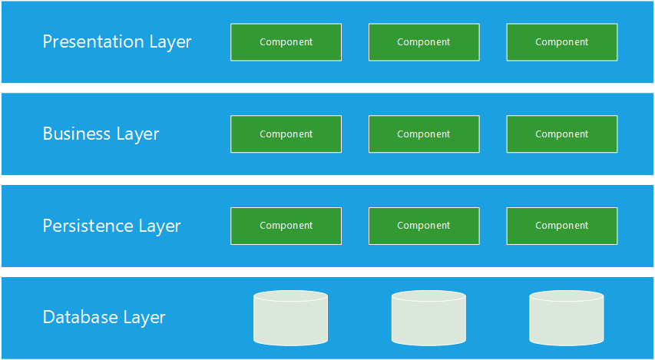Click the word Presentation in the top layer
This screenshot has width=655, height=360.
tap(93, 41)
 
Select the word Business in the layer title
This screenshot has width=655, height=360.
tap(77, 134)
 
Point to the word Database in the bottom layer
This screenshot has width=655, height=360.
tap(80, 317)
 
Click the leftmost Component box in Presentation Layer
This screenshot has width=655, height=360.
tap(286, 42)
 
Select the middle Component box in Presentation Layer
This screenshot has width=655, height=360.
tap(424, 42)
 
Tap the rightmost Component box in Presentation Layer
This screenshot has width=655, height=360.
tap(562, 42)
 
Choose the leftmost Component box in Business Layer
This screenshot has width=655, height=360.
tap(286, 134)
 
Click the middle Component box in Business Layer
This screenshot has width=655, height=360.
tap(424, 134)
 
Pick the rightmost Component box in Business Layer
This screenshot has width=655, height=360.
tap(562, 134)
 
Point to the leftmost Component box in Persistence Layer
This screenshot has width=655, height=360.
tap(286, 226)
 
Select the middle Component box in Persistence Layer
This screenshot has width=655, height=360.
tap(424, 226)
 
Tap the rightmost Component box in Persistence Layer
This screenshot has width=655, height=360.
tap(562, 226)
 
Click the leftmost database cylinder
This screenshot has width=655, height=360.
tap(291, 319)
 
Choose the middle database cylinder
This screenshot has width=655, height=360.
tap(428, 319)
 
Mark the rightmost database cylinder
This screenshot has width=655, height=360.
tap(567, 319)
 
